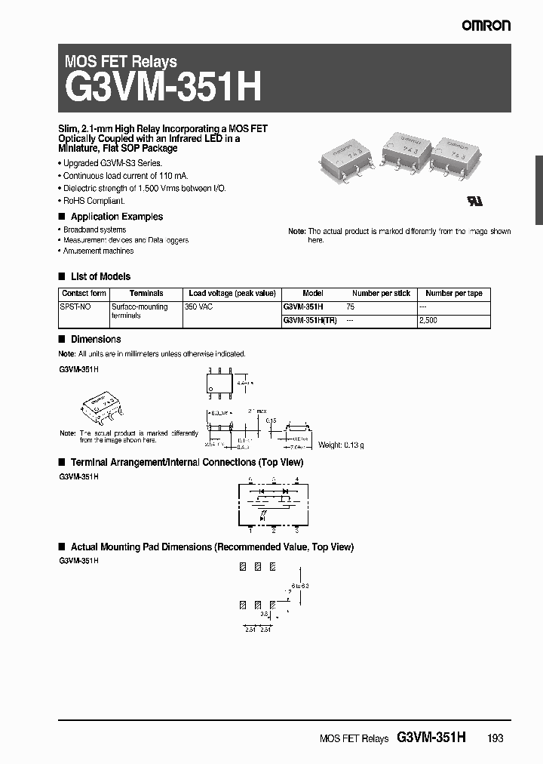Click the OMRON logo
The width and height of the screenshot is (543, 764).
(x=486, y=25)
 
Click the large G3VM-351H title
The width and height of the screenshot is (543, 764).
(x=164, y=88)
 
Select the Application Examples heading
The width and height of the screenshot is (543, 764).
(x=116, y=217)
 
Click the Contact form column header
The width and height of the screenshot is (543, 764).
(x=84, y=294)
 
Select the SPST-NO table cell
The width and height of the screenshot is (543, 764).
(x=74, y=307)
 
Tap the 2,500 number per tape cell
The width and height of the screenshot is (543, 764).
(x=428, y=320)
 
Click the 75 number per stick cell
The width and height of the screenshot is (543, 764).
(x=350, y=307)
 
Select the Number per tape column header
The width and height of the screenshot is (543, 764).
(x=453, y=294)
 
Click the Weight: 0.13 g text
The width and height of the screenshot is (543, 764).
(x=341, y=445)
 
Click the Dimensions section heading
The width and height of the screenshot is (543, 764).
(x=96, y=340)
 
